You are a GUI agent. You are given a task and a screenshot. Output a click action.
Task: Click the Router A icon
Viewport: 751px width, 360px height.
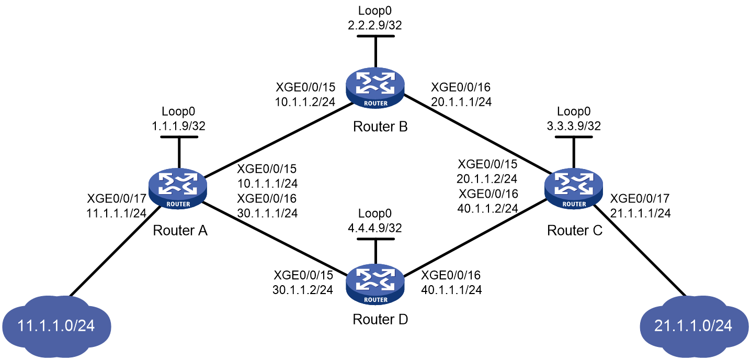click(178, 188)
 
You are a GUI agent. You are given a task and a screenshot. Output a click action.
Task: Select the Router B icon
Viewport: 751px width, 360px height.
click(375, 88)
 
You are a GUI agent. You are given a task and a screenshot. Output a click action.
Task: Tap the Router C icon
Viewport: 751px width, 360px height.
click(574, 188)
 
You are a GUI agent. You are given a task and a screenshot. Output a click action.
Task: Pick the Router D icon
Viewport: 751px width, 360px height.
click(375, 285)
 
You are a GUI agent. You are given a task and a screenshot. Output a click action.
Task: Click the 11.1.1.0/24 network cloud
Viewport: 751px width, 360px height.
click(56, 326)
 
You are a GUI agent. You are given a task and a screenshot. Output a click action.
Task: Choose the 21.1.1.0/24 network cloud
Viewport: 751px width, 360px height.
click(693, 326)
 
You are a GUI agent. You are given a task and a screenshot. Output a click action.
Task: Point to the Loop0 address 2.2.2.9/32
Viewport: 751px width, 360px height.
click(375, 25)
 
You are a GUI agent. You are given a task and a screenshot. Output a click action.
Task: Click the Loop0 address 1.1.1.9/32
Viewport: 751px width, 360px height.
click(179, 126)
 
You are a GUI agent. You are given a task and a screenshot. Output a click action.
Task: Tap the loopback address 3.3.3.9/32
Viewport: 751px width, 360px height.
click(574, 126)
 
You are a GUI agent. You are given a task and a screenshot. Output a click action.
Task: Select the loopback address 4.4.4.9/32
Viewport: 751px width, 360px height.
click(375, 228)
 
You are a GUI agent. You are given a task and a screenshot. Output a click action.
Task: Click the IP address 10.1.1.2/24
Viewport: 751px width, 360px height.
click(305, 102)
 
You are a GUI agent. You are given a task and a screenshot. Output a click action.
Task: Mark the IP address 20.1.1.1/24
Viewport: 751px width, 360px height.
click(461, 102)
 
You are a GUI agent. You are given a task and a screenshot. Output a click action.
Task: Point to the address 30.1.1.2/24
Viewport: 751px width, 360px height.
click(303, 290)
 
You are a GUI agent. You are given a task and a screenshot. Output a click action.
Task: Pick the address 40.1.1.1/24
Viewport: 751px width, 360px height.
click(452, 290)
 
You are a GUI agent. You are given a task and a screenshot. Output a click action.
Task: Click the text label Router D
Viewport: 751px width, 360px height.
click(380, 319)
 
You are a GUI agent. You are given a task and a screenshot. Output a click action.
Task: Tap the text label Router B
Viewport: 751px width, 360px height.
click(380, 127)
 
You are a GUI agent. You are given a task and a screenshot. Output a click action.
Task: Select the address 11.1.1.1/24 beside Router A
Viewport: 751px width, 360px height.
click(116, 213)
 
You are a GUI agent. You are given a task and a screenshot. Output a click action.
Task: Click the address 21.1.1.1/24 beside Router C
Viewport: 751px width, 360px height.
click(640, 213)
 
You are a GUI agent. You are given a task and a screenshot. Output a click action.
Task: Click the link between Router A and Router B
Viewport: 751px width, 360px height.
click(279, 140)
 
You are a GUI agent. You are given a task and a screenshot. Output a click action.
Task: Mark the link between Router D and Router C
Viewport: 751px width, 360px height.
click(475, 239)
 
